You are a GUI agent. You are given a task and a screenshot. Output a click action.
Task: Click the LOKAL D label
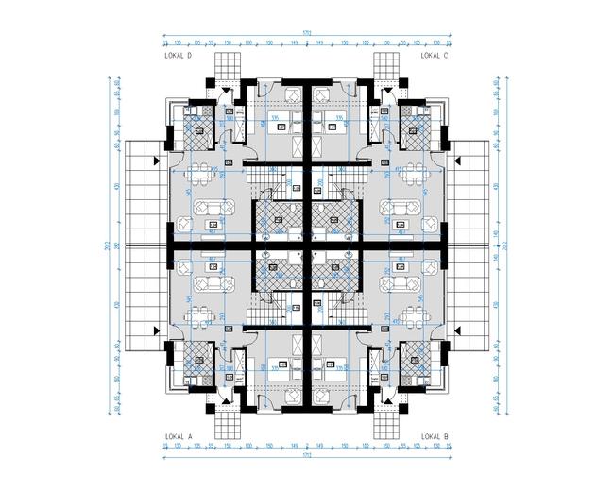coord(178,57)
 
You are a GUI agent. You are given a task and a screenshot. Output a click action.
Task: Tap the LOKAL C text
coord(434,57)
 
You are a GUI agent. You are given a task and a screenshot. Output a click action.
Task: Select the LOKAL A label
coord(178,436)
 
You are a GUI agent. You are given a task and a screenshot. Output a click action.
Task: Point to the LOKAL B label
coord(434,436)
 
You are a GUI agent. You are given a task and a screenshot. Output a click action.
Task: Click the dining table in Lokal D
coord(199,175)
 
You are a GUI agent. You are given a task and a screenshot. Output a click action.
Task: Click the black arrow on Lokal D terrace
coord(156,161)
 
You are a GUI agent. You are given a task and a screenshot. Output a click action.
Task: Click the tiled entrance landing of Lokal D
coord(228,66)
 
